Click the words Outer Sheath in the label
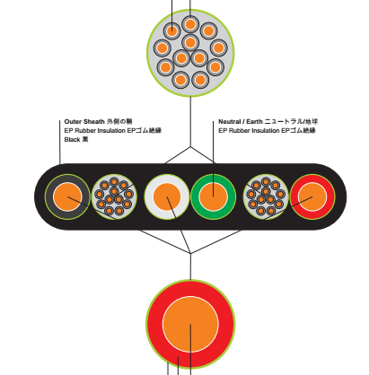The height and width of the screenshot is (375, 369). [84, 121]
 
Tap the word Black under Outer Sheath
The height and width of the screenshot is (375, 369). [72, 139]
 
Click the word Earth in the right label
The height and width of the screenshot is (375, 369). [254, 121]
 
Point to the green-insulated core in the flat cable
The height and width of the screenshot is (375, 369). [214, 196]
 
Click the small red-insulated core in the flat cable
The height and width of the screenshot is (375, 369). [312, 196]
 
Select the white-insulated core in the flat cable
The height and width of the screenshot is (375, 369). [167, 196]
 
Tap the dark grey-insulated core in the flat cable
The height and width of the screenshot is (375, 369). [67, 196]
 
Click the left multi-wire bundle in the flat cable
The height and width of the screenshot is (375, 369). [114, 196]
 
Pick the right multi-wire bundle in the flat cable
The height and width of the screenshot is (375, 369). [266, 196]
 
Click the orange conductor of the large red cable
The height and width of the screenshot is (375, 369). [190, 324]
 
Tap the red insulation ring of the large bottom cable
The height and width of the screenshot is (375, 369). [154, 324]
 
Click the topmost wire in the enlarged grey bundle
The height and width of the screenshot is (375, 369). [190, 24]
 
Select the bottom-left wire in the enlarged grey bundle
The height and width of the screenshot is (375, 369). [180, 80]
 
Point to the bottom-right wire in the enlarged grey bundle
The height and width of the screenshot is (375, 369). [200, 80]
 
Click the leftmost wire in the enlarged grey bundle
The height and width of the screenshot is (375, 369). [162, 48]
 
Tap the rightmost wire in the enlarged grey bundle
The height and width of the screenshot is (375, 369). [219, 48]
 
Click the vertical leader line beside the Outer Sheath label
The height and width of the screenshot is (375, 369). [60, 142]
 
